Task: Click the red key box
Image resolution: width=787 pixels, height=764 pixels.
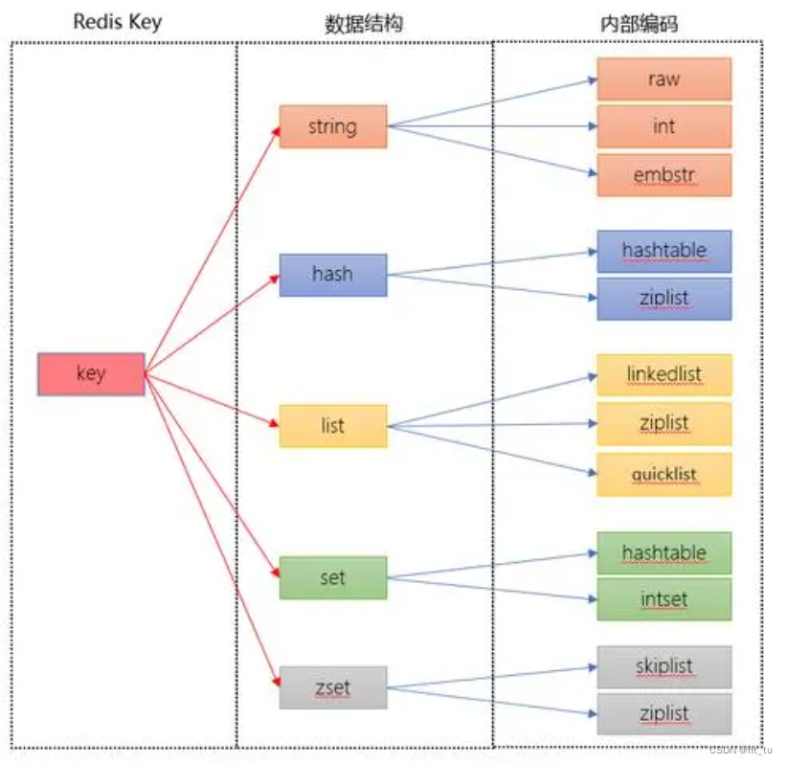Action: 91,374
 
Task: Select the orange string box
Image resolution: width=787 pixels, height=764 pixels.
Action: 333,126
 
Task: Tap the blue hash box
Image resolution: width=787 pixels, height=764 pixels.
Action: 333,275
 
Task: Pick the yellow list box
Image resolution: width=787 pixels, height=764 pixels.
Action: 333,425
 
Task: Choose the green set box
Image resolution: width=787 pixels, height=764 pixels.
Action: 333,577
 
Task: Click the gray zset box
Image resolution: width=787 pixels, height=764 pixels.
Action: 333,687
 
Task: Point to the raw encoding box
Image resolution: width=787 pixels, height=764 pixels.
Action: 664,79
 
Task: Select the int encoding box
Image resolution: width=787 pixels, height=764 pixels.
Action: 664,126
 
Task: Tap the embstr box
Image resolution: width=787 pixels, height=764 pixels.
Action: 664,175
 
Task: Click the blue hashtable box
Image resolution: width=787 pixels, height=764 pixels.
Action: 664,251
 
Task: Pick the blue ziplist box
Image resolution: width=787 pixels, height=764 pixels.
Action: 664,299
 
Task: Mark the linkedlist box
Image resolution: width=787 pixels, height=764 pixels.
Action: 664,374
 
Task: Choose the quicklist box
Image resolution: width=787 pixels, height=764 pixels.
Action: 664,475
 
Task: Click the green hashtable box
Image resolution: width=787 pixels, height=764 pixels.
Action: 664,553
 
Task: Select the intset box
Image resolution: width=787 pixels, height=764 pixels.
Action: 664,600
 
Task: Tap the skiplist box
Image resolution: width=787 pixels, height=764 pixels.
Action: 664,667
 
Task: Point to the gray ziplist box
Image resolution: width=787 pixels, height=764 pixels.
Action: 664,714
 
